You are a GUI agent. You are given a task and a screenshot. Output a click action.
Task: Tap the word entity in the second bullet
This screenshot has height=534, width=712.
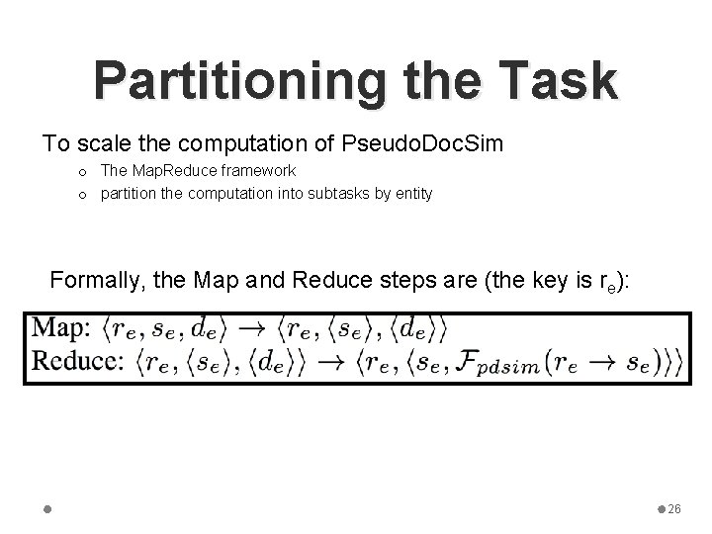pos(409,193)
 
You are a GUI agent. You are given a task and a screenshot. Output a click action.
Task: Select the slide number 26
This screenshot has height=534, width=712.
pos(674,508)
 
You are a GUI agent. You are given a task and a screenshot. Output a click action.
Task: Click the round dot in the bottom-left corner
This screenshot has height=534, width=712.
pos(47,508)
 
